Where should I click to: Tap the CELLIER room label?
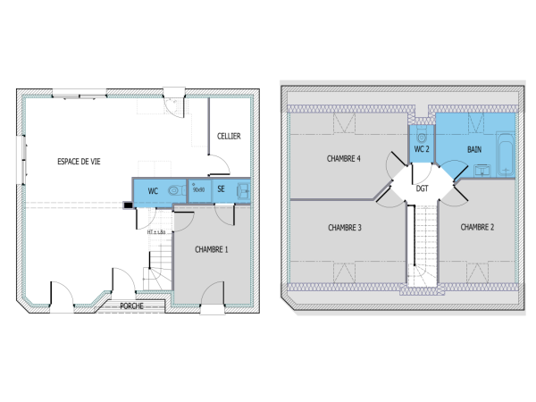(229, 136)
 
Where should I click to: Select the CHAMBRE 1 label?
(212, 249)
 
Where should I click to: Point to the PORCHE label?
(133, 306)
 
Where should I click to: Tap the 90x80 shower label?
(198, 189)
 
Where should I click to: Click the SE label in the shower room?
(221, 189)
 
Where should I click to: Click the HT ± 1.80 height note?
(157, 232)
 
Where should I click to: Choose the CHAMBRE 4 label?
(344, 159)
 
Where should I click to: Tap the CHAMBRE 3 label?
(344, 228)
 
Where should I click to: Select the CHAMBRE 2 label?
(478, 228)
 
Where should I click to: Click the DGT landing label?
(422, 188)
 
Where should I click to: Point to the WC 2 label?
(423, 149)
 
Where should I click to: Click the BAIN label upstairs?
(475, 148)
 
